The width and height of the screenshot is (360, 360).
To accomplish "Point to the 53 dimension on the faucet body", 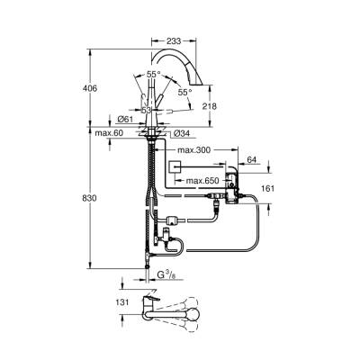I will point(146,109).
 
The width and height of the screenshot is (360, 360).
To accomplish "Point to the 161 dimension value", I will point(267,189).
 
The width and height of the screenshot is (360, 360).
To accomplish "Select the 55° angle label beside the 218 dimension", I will point(184,92).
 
